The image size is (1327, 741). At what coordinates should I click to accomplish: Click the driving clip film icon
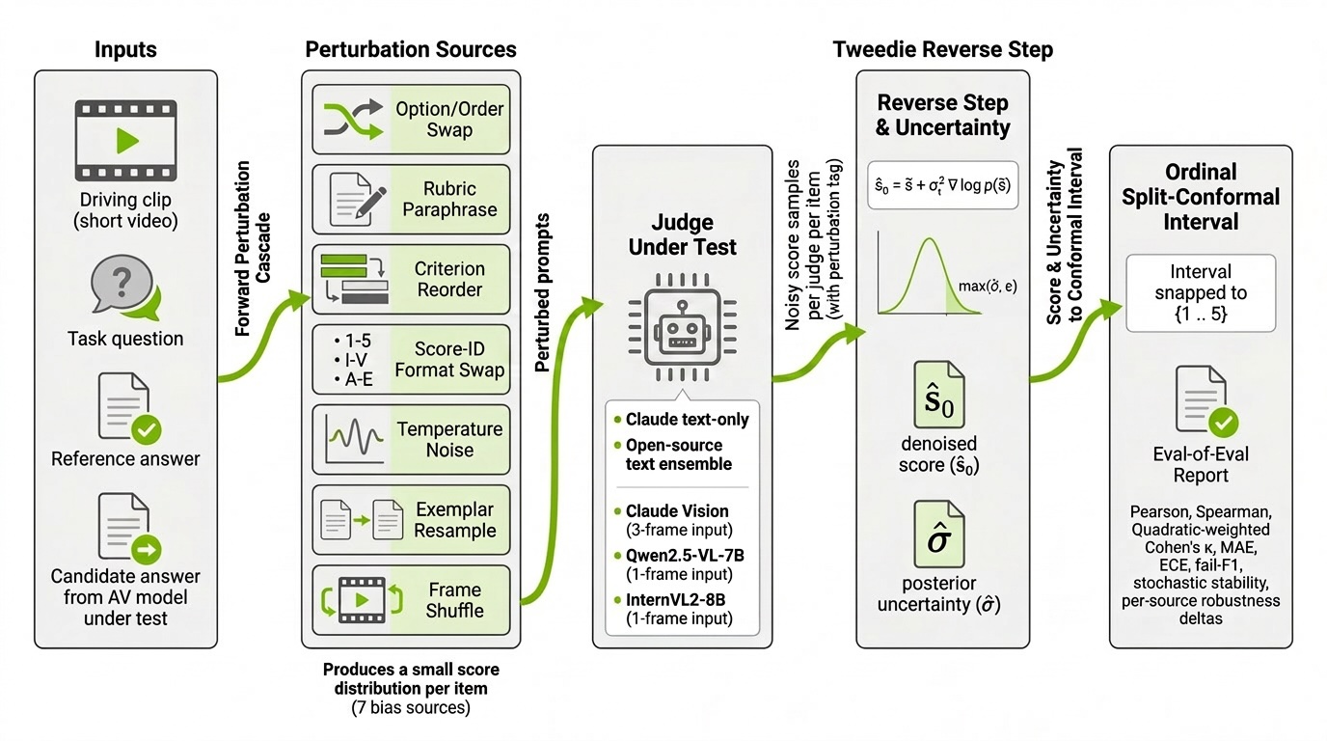point(125,141)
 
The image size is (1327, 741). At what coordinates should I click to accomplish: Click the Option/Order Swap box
point(411,119)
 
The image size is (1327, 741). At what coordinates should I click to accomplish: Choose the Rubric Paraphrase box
point(411,199)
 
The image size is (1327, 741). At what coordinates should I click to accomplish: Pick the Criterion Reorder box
point(411,279)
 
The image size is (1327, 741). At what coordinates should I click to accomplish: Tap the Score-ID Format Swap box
point(411,359)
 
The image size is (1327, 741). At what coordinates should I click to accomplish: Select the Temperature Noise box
point(411,439)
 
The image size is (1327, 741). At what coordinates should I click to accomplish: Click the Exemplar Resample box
point(411,520)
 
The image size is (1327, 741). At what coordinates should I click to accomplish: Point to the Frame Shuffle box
point(411,600)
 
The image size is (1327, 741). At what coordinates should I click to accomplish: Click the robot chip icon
point(683,327)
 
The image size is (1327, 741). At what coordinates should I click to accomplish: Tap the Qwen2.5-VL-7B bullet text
point(680,564)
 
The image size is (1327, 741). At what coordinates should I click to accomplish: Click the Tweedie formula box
point(943,185)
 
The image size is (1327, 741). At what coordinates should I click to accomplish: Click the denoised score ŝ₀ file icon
point(939,395)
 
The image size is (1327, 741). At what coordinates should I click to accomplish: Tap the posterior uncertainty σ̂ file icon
point(939,535)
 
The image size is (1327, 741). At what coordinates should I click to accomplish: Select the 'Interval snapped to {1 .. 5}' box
point(1201,293)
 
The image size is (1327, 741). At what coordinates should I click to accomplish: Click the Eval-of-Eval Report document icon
point(1206,401)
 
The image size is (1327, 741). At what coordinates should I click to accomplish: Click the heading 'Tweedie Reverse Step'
point(943,49)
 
